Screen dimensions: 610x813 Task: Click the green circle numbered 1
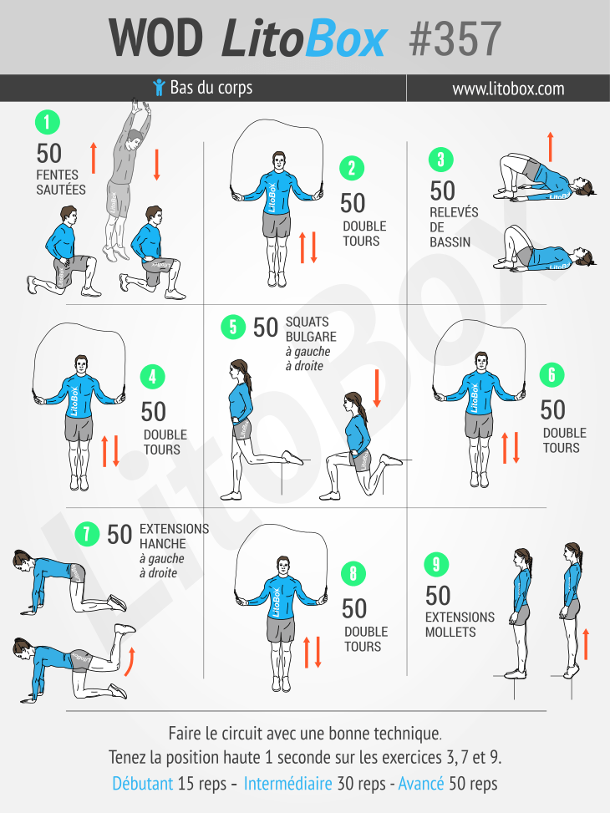click(x=48, y=123)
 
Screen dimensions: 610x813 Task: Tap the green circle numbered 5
click(x=233, y=328)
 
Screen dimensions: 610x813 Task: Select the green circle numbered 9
click(x=436, y=565)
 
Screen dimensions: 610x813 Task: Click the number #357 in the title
click(x=455, y=39)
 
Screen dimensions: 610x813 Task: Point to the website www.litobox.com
click(x=508, y=89)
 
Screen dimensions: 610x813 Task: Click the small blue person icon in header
click(x=160, y=87)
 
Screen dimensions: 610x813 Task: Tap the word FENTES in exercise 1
click(x=58, y=175)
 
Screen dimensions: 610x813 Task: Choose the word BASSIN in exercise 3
click(x=450, y=242)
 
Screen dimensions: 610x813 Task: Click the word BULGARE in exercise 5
click(x=311, y=337)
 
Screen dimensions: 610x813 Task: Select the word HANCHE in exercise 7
click(x=163, y=544)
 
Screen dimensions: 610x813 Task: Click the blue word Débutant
click(x=143, y=783)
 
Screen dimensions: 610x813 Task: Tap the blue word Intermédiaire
click(x=288, y=783)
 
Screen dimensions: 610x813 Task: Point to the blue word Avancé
click(x=421, y=783)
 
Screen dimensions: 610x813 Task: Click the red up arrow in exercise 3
click(x=551, y=147)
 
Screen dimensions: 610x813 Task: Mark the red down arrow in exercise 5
click(x=377, y=388)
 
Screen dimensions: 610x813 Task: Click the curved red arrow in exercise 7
click(x=130, y=662)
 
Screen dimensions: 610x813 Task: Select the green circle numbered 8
click(x=353, y=573)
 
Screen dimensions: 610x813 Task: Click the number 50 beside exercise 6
click(x=552, y=409)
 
